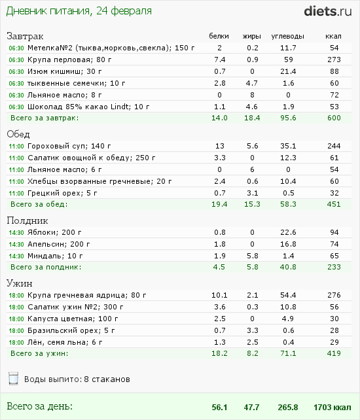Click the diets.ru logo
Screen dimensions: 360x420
point(327,12)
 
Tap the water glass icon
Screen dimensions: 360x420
point(13,379)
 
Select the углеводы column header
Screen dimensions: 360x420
point(287,36)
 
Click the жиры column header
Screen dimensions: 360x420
point(252,36)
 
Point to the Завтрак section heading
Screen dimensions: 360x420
point(25,36)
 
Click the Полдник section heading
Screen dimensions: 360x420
point(27,220)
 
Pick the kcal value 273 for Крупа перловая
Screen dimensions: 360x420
point(334,60)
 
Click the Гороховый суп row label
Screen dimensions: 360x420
point(69,146)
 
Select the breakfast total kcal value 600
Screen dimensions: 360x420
point(334,118)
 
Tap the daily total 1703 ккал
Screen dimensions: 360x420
point(333,407)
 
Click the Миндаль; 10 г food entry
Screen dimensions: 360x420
point(55,256)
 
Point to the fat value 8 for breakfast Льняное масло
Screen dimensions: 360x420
point(252,95)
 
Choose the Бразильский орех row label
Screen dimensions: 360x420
point(71,330)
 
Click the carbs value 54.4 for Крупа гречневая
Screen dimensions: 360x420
point(288,295)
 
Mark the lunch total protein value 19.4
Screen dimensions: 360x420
point(219,204)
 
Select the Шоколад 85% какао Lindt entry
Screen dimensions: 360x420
point(88,107)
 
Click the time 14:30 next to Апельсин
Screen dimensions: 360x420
point(16,244)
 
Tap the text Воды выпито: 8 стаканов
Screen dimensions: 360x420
point(77,379)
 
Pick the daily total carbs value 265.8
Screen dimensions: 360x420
point(288,407)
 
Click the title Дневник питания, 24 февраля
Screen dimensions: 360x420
point(79,11)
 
